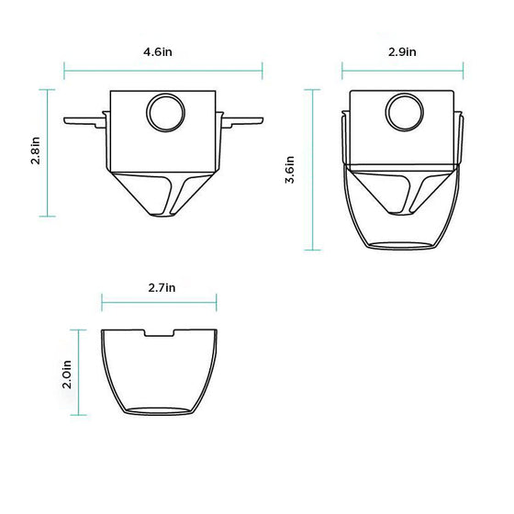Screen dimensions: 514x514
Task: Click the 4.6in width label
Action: point(158,53)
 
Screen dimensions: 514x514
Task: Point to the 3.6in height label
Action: point(290,169)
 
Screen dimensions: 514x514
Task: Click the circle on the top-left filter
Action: point(163,113)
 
